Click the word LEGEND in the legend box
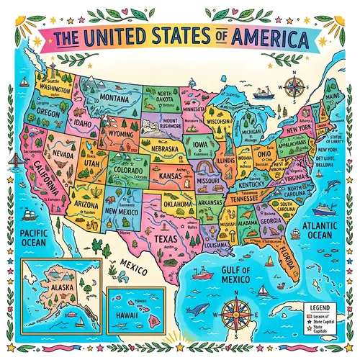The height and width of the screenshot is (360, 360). pos(317,308)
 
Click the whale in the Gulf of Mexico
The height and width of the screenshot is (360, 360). pos(194,309)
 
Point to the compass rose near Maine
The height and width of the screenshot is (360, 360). pos(294,89)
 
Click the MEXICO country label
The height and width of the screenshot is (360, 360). pos(133,269)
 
